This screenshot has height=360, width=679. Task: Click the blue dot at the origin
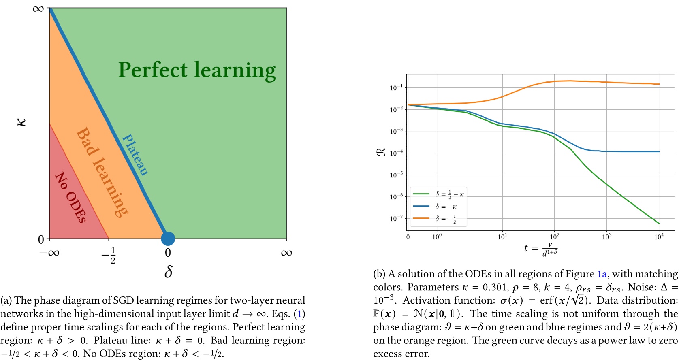[x=168, y=239]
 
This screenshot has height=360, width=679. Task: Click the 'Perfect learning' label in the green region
[x=197, y=70]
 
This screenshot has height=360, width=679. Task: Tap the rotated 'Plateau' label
[x=135, y=155]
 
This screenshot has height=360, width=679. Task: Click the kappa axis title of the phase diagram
[x=21, y=122]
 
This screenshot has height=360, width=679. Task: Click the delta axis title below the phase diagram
[x=169, y=271]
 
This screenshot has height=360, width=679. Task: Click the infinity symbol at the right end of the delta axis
[x=286, y=253]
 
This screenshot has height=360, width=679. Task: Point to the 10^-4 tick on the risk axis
[x=396, y=153]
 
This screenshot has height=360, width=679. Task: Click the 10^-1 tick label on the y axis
[x=396, y=87]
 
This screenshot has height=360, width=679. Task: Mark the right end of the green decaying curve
[x=659, y=223]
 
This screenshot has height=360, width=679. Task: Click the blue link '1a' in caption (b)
[x=602, y=274]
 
